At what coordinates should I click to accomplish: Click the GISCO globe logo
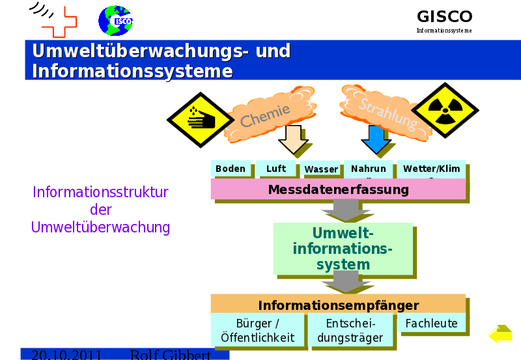[x=115, y=20]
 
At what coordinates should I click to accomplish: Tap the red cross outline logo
[x=59, y=22]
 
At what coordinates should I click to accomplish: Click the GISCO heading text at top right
[x=444, y=17]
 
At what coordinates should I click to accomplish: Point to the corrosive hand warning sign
[x=200, y=120]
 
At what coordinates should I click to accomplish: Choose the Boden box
[x=231, y=169]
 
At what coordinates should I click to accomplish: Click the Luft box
[x=276, y=169]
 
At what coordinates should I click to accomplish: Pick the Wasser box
[x=321, y=169]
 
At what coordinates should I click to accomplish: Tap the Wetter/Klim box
[x=430, y=169]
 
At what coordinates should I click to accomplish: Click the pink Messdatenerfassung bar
[x=338, y=189]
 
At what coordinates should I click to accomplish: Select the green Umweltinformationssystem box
[x=343, y=248]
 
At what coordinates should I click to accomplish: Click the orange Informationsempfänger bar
[x=338, y=305]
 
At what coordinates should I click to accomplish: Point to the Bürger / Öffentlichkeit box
[x=257, y=330]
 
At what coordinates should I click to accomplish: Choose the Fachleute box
[x=431, y=324]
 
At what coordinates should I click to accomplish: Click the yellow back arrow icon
[x=500, y=334]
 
